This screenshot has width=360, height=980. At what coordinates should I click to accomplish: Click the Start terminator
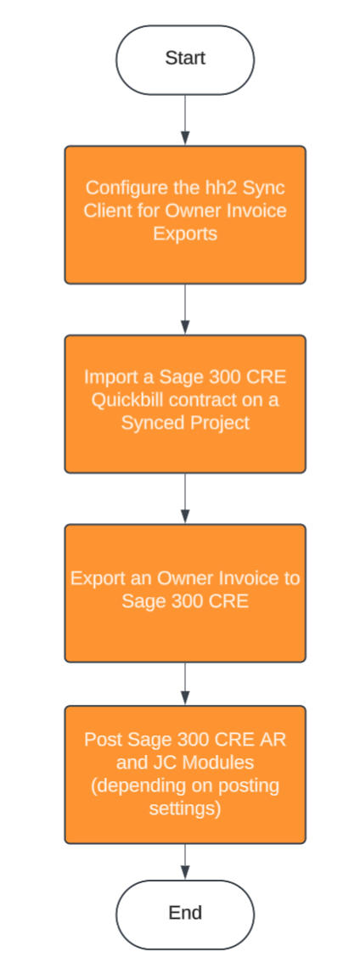pos(185,59)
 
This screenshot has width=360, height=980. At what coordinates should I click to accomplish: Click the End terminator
pos(185,914)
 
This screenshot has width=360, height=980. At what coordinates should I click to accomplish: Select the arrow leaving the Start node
pos(185,120)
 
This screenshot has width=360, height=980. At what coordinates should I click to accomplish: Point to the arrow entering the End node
pos(185,862)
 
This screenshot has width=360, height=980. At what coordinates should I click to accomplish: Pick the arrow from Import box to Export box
pos(185,498)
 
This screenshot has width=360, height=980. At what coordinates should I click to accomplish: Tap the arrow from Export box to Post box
pos(185,684)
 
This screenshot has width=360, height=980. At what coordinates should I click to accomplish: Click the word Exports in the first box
pos(185,233)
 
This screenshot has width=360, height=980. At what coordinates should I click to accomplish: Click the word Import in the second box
pos(110,377)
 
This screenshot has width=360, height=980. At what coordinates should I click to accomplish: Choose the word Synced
pos(149,422)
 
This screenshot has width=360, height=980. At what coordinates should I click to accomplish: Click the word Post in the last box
pos(101,740)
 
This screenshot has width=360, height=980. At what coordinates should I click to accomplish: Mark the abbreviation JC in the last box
pos(166,763)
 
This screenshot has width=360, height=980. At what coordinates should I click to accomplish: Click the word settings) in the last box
pos(185,808)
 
